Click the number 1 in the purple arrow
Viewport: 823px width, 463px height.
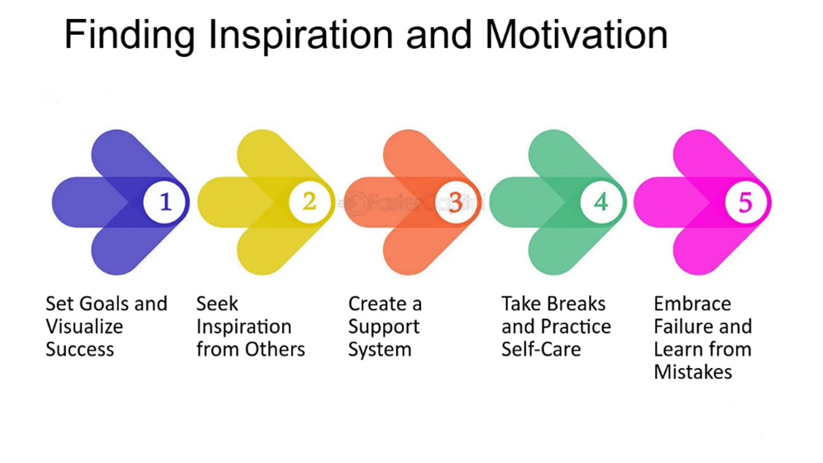point(165,202)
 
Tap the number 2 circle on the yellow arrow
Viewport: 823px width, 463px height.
point(309,202)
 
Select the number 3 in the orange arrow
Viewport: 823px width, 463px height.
point(455,202)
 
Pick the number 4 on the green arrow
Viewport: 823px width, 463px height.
point(601,202)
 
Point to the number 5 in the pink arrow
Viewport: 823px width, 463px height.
point(745,203)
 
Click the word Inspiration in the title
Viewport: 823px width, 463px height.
point(301,36)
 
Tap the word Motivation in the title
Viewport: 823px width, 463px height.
point(577,35)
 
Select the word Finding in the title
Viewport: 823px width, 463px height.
point(130,36)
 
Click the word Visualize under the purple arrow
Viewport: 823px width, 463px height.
point(84,327)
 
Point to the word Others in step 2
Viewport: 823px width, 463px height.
point(279,349)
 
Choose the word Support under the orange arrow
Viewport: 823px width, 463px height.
point(384,327)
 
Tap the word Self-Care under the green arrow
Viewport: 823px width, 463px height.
point(541,349)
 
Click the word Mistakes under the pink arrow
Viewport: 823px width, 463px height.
point(693,372)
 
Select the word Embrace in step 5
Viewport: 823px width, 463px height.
point(692,303)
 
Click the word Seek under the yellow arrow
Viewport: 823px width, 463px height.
point(218,303)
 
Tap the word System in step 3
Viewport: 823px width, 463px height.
point(380,350)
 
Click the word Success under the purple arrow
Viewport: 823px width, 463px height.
point(79,349)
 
